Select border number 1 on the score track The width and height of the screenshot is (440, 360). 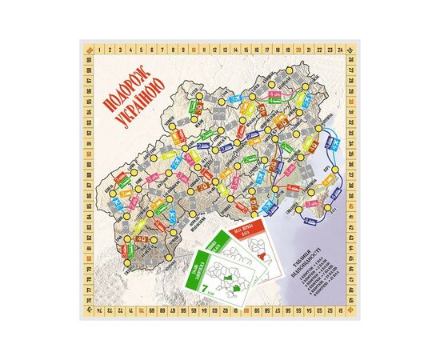98,49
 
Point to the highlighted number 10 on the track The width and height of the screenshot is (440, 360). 194,49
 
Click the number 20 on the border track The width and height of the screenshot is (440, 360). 298,49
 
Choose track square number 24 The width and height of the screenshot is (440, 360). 339,49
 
